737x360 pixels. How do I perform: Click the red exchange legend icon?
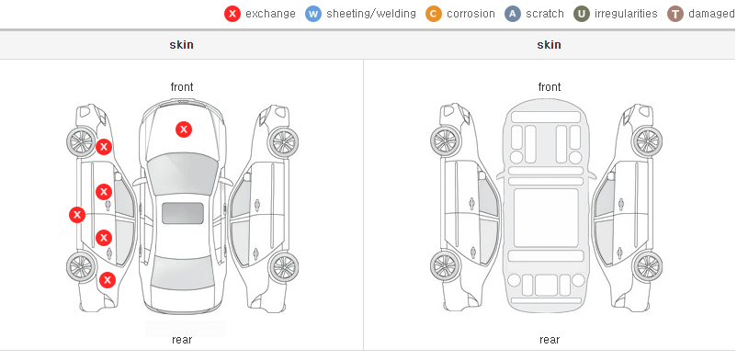tap(232, 14)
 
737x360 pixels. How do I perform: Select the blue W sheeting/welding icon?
tap(313, 14)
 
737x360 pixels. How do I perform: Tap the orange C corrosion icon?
tap(434, 14)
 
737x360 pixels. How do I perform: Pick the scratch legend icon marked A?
tap(513, 14)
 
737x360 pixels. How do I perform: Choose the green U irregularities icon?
tap(582, 14)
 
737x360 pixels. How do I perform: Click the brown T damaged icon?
tap(675, 14)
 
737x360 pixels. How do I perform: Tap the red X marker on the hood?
tap(184, 129)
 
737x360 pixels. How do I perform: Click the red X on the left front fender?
tap(104, 147)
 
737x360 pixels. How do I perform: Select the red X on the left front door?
tap(104, 192)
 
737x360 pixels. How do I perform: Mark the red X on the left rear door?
tap(104, 238)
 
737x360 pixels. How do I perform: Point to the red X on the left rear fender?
tap(108, 281)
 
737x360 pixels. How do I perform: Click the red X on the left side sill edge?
tap(77, 215)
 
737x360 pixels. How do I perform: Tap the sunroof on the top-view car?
tap(183, 213)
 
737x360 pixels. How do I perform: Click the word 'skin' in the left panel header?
tap(181, 45)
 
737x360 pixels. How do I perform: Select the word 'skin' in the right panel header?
tap(549, 45)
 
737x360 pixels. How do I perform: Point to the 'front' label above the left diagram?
tap(182, 87)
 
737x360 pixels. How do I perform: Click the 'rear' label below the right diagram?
tap(550, 339)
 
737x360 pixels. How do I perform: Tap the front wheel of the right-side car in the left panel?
tap(283, 141)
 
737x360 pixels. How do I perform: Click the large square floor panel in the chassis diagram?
tap(546, 218)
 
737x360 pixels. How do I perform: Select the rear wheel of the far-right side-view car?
tap(647, 267)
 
